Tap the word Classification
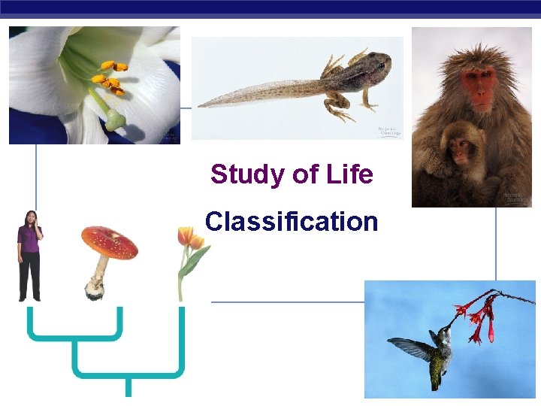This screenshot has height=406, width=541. [x=292, y=222]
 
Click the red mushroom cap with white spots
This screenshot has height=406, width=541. [x=110, y=241]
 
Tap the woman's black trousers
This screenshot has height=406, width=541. [x=30, y=275]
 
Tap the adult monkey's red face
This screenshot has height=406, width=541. [x=480, y=83]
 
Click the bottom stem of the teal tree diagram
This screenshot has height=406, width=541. [x=128, y=385]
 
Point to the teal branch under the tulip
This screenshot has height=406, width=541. [x=181, y=338]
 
